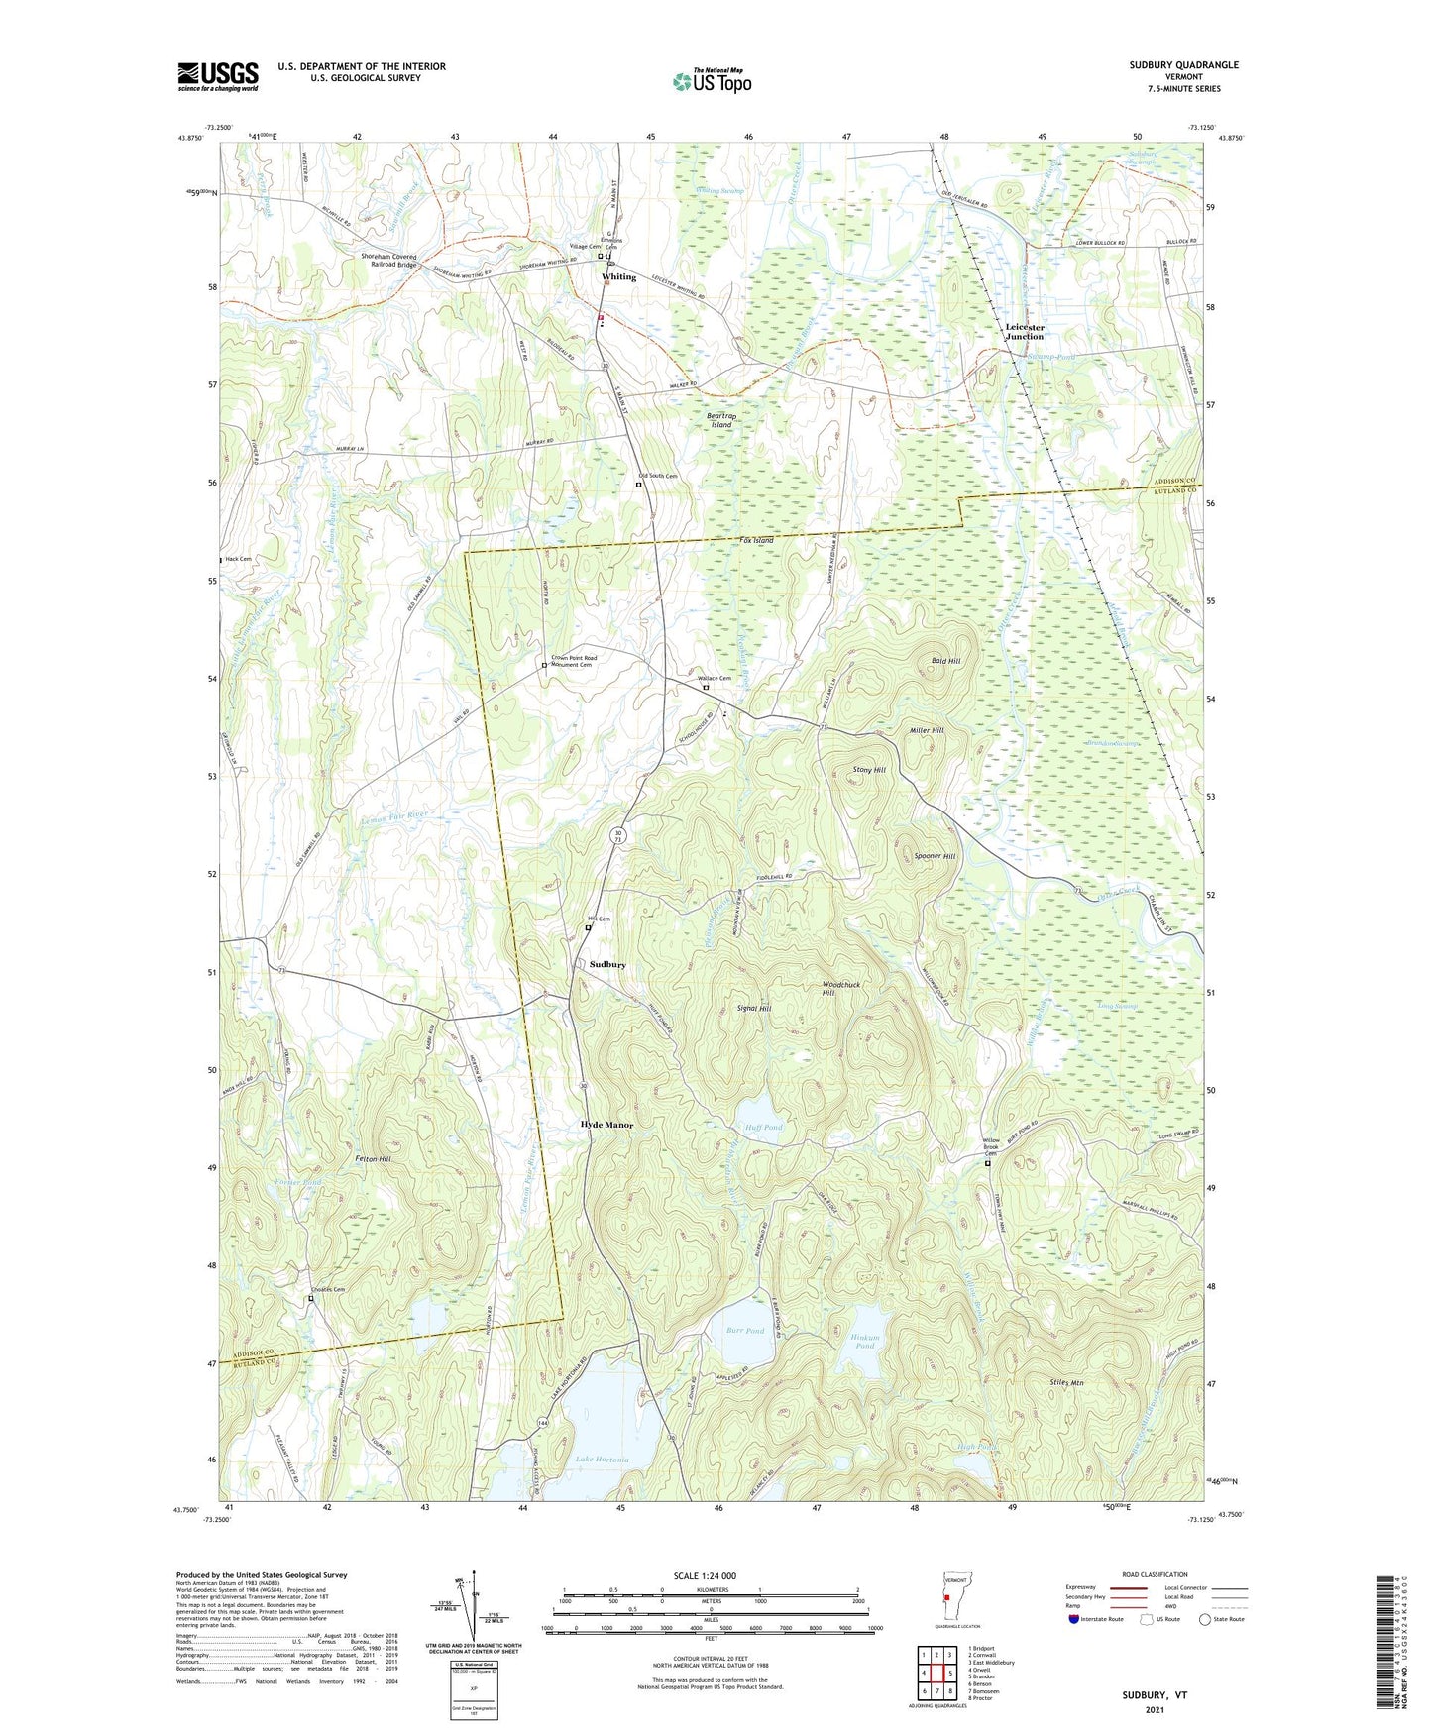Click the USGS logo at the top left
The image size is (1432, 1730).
(x=218, y=76)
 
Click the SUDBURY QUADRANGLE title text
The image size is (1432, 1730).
(x=1183, y=65)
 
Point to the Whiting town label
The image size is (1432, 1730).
(x=619, y=277)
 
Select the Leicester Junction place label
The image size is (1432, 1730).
(x=1025, y=332)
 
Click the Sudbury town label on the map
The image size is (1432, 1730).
(x=607, y=964)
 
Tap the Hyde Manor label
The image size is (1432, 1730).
(x=606, y=1126)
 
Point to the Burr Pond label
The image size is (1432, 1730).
(x=745, y=1331)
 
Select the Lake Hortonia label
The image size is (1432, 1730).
(x=602, y=1460)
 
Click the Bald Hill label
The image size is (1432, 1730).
(x=945, y=660)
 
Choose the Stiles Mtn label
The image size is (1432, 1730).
(x=1066, y=1382)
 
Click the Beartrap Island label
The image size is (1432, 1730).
(x=720, y=420)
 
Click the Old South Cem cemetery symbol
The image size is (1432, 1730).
(x=638, y=486)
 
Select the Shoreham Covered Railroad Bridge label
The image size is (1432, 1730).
(x=388, y=262)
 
